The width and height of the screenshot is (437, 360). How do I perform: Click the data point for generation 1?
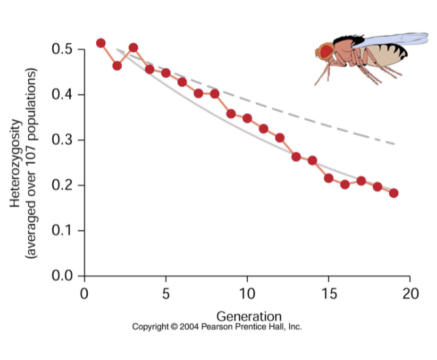point(101,43)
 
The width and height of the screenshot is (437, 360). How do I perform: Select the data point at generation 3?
point(133,48)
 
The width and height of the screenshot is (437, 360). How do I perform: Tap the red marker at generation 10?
point(247,118)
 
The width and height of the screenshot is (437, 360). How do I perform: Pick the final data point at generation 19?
point(394,193)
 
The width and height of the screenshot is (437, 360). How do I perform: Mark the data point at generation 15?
point(329,178)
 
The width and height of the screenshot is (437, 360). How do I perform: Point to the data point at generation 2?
point(117,65)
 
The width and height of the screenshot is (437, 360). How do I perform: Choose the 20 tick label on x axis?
point(410,292)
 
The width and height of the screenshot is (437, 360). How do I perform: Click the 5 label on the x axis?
point(166,292)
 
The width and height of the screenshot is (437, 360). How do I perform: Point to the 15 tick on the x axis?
point(328,292)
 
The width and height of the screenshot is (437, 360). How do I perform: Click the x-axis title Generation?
point(249,316)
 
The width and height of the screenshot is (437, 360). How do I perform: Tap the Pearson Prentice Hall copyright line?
point(217,327)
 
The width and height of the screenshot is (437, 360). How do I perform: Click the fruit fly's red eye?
point(326,51)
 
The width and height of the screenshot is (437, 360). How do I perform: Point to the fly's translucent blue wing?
point(393,41)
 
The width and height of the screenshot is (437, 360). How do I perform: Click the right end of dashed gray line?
point(394,143)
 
